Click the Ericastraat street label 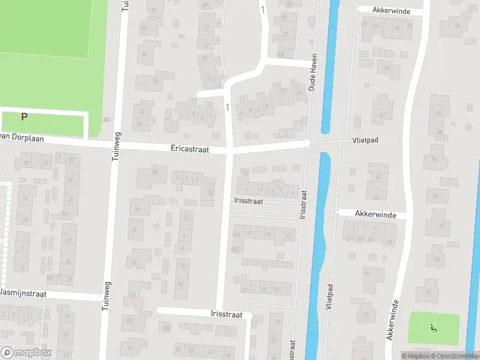(x=190, y=149)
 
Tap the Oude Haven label (x=313, y=72)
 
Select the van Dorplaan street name (x=13, y=137)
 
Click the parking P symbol (x=24, y=117)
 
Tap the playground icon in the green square (x=433, y=328)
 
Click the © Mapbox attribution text (x=415, y=356)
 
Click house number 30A (x=107, y=119)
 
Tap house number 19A (x=237, y=235)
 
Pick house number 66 (x=458, y=25)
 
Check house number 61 (x=382, y=115)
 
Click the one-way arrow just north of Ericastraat (x=227, y=106)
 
